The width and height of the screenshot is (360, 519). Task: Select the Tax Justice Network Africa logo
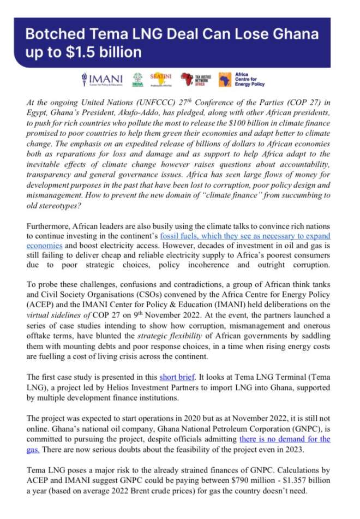194,79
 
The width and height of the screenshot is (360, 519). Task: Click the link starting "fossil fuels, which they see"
245,236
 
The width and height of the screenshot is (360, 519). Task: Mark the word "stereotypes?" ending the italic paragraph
49,206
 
